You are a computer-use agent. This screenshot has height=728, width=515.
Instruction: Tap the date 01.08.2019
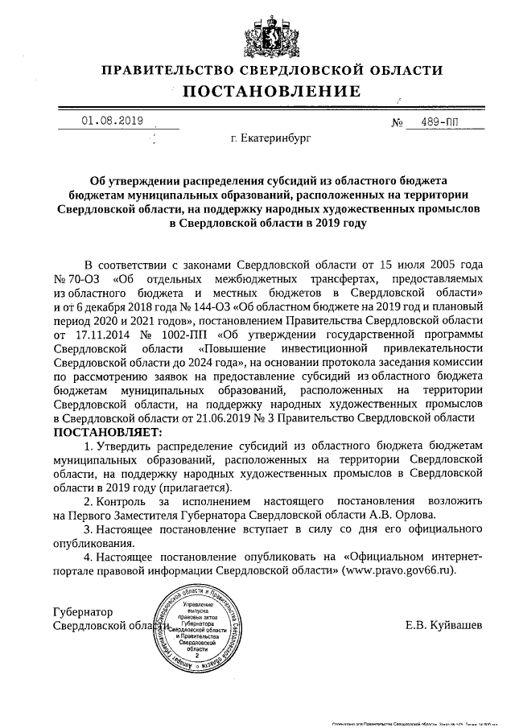tap(112, 121)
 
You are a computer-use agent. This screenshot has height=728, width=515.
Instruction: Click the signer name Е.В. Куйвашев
tap(444, 625)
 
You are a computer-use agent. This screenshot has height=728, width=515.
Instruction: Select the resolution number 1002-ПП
tap(186, 335)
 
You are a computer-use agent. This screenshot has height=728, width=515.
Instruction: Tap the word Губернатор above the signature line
tap(83, 611)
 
